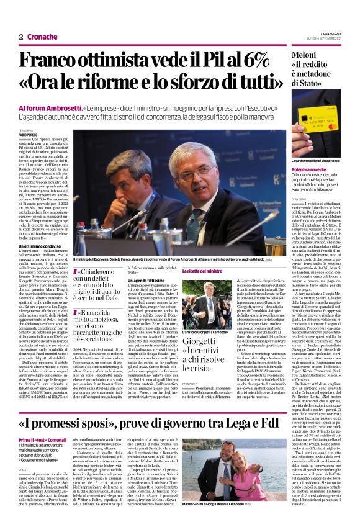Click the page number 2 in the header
click(x=21, y=37)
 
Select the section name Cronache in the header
click(x=42, y=37)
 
